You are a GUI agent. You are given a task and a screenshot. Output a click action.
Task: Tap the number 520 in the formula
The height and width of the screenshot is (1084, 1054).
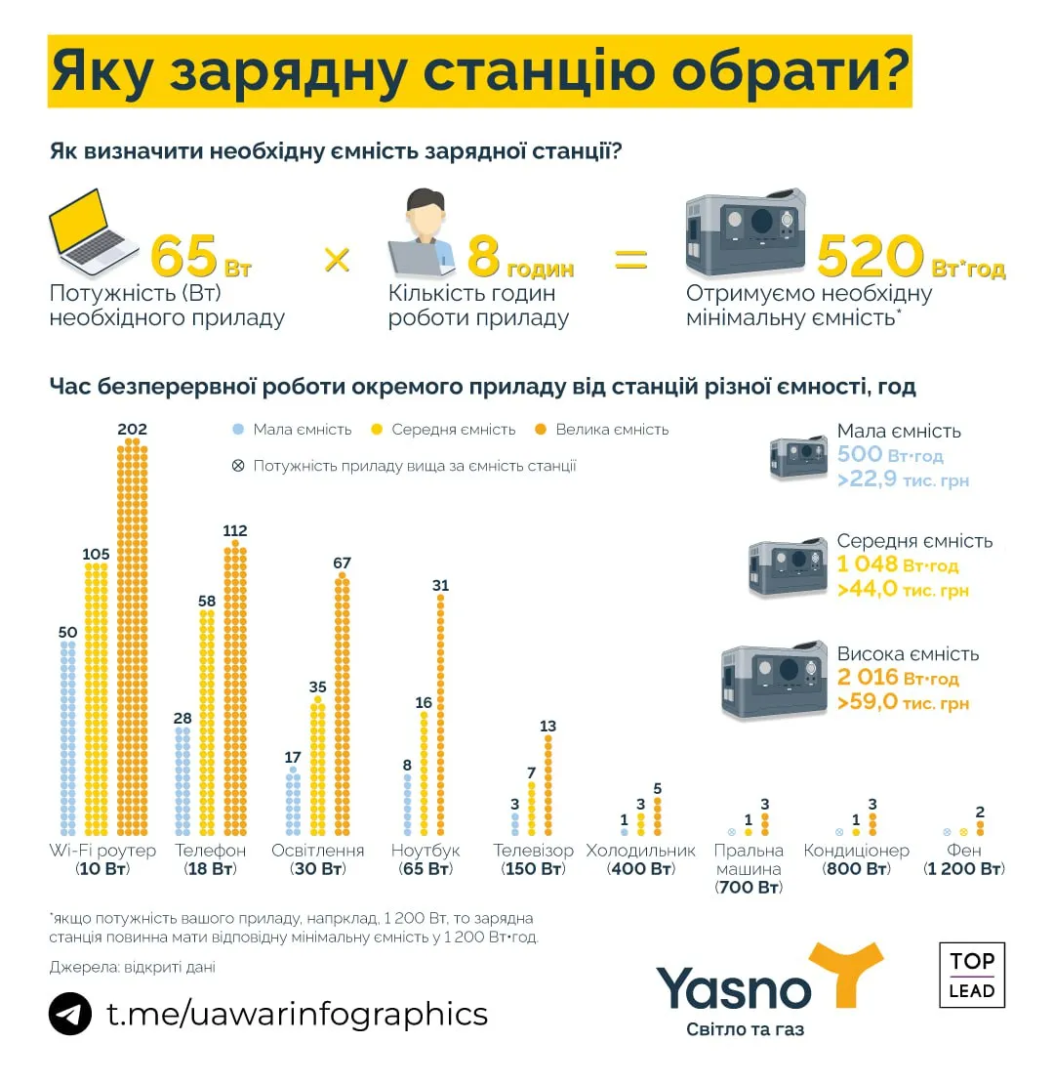click(870, 258)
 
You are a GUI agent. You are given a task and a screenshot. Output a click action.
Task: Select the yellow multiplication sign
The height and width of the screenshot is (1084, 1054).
click(337, 259)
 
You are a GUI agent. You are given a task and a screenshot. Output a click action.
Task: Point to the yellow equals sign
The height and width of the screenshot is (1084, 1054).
click(629, 259)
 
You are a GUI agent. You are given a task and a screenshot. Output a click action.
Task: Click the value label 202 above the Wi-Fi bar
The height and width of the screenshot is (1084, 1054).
click(132, 429)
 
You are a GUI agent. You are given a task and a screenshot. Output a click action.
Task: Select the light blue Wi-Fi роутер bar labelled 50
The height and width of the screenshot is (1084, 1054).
click(67, 738)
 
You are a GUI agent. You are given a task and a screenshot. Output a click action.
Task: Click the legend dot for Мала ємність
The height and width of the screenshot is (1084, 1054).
click(237, 430)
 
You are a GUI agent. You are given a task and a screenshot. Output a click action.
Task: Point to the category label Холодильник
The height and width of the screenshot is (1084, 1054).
click(640, 851)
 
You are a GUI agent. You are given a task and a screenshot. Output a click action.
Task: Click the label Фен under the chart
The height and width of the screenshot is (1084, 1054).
click(964, 851)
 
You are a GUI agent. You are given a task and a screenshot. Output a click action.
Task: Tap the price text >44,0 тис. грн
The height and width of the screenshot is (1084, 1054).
click(903, 590)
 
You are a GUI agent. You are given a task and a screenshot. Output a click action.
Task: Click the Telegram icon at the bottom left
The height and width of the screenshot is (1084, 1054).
click(70, 1014)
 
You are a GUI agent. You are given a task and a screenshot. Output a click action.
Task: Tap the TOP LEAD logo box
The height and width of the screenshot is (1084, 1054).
click(971, 975)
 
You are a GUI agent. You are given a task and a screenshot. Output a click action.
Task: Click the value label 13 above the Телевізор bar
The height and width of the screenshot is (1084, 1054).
click(547, 726)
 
